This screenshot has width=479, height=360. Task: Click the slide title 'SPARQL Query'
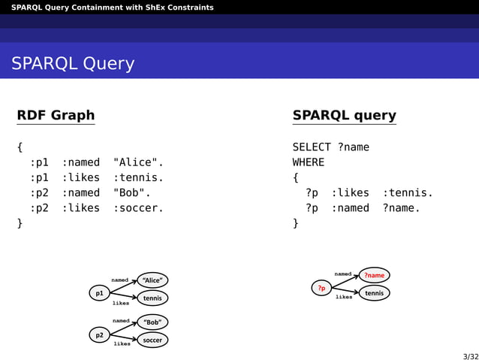[x=73, y=64]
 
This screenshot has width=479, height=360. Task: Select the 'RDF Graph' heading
[x=56, y=115]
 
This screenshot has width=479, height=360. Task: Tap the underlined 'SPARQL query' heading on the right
[x=344, y=115]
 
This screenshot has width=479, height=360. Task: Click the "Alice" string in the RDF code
[x=138, y=162]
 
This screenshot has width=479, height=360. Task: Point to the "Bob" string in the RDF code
[x=132, y=192]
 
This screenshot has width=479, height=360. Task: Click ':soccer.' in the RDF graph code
[x=138, y=207]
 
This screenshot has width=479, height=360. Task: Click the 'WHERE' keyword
[x=309, y=162]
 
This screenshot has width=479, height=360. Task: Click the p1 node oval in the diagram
[x=99, y=293]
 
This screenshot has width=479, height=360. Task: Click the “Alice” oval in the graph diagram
[x=152, y=280]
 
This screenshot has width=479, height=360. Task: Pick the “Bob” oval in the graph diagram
[x=152, y=322]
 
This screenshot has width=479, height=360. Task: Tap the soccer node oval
[x=152, y=340]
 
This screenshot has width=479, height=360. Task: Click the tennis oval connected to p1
[x=152, y=298]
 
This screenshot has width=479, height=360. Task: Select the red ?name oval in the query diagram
[x=374, y=275]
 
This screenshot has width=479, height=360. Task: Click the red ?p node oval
[x=321, y=288]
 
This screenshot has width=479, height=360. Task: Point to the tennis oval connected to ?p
[x=374, y=293]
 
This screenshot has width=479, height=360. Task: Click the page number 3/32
[x=470, y=356]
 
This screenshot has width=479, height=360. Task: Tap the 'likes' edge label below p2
[x=122, y=344]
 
